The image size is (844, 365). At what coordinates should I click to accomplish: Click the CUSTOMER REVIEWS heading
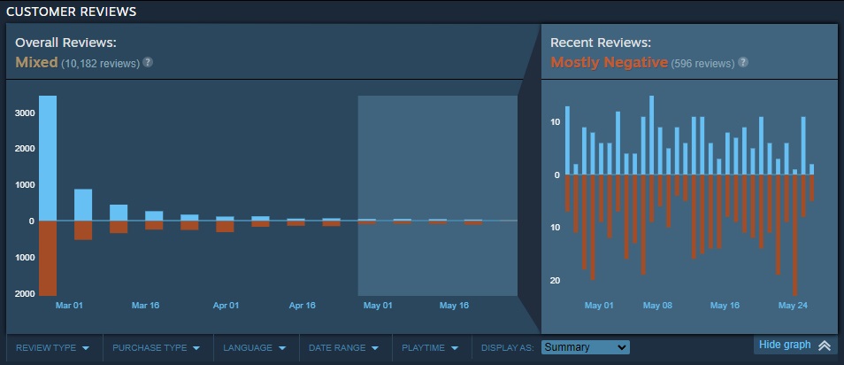pyautogui.click(x=72, y=12)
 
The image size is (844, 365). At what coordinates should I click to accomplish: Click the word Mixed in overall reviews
pyautogui.click(x=36, y=63)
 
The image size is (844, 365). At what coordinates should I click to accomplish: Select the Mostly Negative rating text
pyautogui.click(x=609, y=63)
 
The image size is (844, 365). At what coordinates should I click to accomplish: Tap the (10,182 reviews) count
pyautogui.click(x=101, y=64)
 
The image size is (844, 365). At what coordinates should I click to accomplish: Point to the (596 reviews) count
pyautogui.click(x=702, y=64)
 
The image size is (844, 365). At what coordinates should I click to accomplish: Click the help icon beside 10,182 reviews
pyautogui.click(x=148, y=63)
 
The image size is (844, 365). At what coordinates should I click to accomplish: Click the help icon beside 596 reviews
pyautogui.click(x=743, y=63)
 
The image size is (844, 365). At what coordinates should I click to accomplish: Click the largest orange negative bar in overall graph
pyautogui.click(x=48, y=258)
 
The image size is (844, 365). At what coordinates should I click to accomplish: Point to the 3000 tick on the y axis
pyautogui.click(x=24, y=113)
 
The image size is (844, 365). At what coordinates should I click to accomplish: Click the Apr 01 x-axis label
pyautogui.click(x=226, y=306)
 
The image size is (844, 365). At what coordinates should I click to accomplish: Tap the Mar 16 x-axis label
pyautogui.click(x=145, y=306)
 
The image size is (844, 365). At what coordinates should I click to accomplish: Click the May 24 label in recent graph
pyautogui.click(x=793, y=306)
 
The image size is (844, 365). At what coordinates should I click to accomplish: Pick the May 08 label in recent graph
pyautogui.click(x=657, y=306)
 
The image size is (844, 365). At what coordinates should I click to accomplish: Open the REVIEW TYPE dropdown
pyautogui.click(x=53, y=348)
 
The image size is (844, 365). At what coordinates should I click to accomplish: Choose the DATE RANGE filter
pyautogui.click(x=343, y=348)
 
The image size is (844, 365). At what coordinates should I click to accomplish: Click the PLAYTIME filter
pyautogui.click(x=430, y=348)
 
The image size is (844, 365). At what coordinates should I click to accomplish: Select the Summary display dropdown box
pyautogui.click(x=585, y=347)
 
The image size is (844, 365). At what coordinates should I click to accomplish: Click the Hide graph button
pyautogui.click(x=794, y=346)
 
